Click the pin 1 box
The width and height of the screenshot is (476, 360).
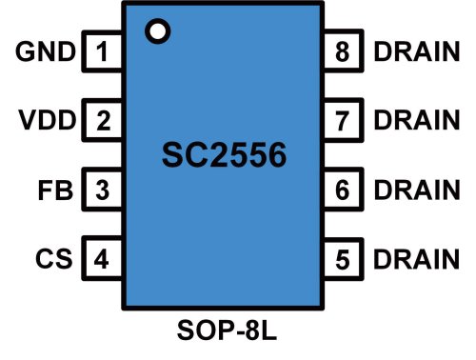tap(102, 52)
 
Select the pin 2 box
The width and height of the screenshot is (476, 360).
tap(102, 121)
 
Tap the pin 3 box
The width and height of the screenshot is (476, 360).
tap(102, 190)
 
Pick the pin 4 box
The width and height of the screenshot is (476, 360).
tap(102, 258)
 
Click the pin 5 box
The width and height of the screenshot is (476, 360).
tap(343, 258)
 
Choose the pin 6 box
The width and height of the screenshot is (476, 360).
tap(343, 190)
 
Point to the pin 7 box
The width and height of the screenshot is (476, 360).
tap(343, 121)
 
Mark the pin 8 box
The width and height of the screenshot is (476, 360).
tap(343, 52)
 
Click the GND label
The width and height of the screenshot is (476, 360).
tap(46, 52)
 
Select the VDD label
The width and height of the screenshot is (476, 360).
tap(46, 121)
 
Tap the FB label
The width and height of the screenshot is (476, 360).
tap(56, 190)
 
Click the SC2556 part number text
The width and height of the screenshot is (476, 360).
tap(222, 155)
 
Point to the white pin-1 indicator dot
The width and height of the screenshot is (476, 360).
tap(157, 31)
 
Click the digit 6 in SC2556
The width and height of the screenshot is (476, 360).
tap(274, 155)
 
